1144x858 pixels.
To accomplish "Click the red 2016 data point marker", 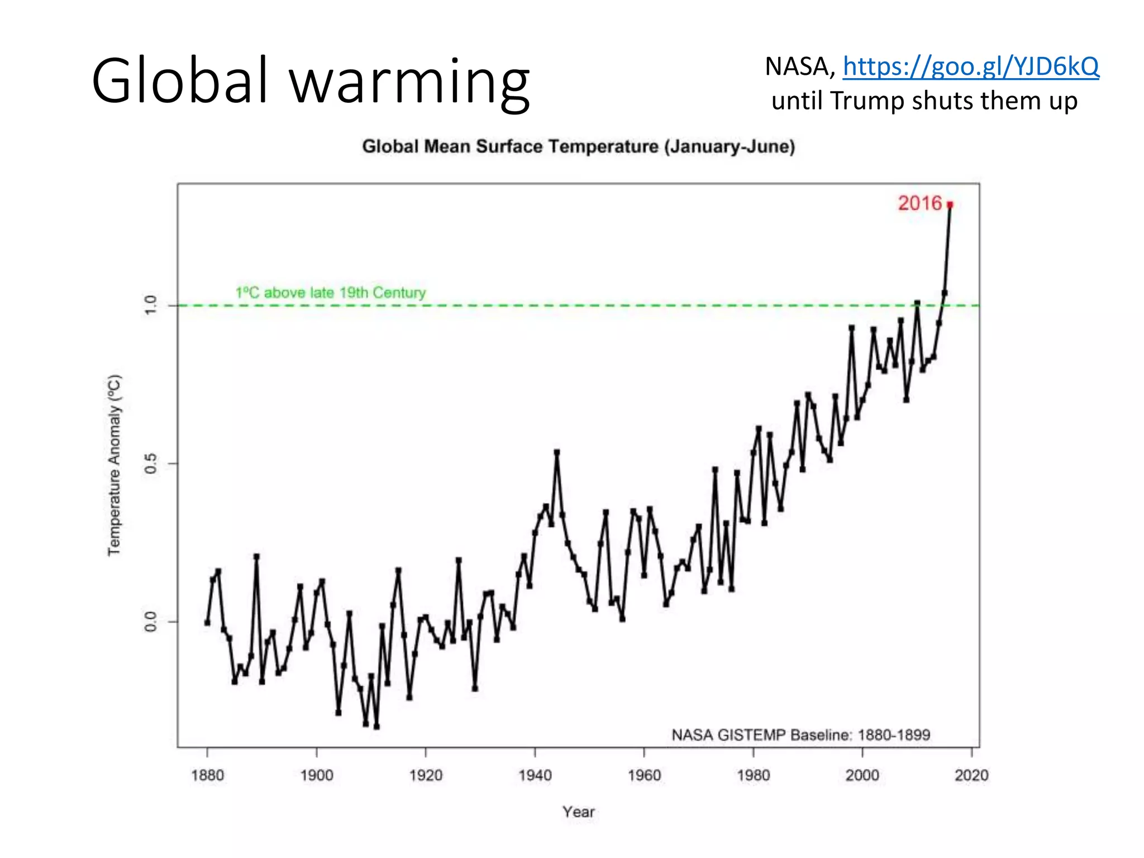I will [x=950, y=205].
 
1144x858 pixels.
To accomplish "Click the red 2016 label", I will [x=919, y=203].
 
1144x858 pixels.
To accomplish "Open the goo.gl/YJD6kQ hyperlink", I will [x=971, y=66].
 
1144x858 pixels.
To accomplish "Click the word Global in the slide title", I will [x=180, y=81].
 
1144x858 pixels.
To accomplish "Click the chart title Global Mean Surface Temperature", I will [x=578, y=146].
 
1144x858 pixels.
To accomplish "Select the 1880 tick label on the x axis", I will [x=207, y=775].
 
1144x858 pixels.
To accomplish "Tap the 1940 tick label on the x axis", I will [x=535, y=775].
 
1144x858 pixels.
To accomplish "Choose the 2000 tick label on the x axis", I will [x=862, y=775].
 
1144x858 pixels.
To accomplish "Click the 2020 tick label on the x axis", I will [x=971, y=775].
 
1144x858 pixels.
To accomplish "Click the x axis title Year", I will [x=578, y=812].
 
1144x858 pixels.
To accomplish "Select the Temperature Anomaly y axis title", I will [x=114, y=465].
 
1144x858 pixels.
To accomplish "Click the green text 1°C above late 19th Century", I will [x=330, y=293].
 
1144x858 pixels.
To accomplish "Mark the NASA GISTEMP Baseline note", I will [x=800, y=735].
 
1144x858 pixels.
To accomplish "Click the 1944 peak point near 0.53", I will [x=556, y=452].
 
